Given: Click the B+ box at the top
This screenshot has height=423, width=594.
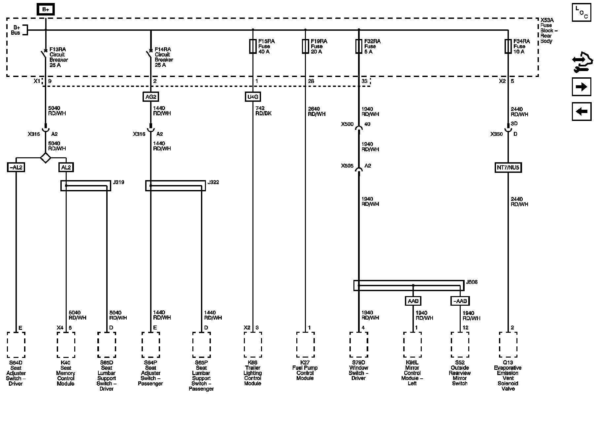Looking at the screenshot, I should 46,10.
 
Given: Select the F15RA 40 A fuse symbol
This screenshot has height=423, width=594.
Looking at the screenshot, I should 253,47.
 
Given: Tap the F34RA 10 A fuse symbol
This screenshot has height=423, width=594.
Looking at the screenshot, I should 508,47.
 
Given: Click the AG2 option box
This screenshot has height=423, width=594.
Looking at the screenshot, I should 150,97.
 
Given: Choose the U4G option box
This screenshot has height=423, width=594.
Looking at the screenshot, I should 253,97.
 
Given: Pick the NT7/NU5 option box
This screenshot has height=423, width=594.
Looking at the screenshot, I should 508,168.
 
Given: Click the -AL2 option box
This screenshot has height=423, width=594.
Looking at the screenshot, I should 16,167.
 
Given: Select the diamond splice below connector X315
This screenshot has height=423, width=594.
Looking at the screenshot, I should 46,158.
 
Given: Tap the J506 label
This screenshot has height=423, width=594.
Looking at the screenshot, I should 471,282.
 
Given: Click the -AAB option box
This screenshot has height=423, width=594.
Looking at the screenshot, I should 460,301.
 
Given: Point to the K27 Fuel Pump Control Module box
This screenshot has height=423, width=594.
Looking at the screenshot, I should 305,345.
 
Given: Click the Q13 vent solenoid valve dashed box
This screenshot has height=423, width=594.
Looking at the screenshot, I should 508,345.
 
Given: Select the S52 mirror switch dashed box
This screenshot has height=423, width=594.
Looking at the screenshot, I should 460,345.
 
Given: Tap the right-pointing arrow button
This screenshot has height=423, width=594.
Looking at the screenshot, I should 581,87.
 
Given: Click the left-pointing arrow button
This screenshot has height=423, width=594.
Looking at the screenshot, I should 581,111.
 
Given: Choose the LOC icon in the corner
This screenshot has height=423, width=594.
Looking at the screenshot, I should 581,13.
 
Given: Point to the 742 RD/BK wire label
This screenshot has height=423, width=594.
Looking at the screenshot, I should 263,111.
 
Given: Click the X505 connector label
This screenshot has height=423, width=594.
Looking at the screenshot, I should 347,166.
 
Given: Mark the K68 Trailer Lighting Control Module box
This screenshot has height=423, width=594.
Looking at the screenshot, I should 253,345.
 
